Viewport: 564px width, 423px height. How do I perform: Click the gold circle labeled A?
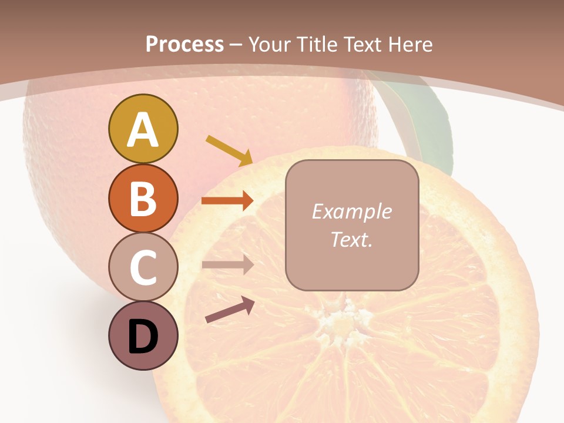click(143, 129)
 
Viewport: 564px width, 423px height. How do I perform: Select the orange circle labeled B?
click(143, 198)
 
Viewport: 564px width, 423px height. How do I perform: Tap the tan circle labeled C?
click(143, 267)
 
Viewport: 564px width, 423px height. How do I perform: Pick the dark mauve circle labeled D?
click(143, 335)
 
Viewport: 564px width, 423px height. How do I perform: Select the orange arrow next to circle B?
click(227, 201)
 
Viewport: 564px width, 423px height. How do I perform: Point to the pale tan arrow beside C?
click(227, 264)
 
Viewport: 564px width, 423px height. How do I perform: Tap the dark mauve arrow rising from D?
click(230, 310)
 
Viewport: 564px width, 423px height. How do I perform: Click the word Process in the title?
click(184, 44)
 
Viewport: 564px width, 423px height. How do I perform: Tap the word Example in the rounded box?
click(351, 211)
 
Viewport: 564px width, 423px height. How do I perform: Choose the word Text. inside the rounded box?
click(351, 239)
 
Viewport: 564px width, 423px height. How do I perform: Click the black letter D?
click(143, 337)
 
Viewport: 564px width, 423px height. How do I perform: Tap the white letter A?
click(143, 130)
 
